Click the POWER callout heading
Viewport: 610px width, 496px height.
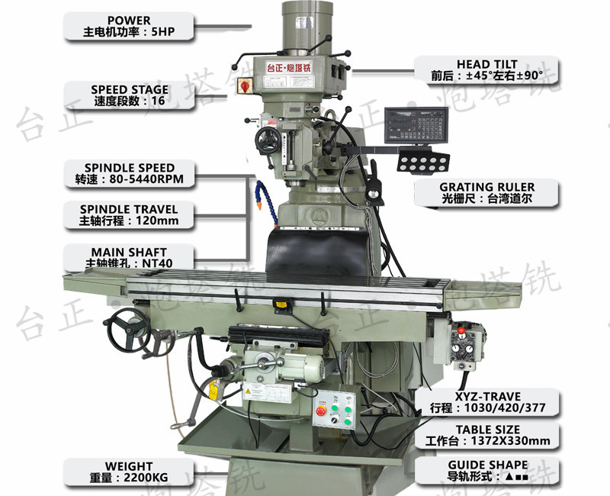tap(129, 20)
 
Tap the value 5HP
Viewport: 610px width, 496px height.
tap(161, 33)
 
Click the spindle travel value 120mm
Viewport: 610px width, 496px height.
tap(150, 221)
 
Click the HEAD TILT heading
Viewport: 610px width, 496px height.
tap(487, 63)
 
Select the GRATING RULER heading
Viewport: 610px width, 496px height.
tap(487, 186)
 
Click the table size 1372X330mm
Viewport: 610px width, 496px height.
tap(509, 440)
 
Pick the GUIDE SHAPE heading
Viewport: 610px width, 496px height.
tap(487, 464)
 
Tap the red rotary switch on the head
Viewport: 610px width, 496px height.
tap(246, 85)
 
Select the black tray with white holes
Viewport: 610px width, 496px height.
tap(424, 161)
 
